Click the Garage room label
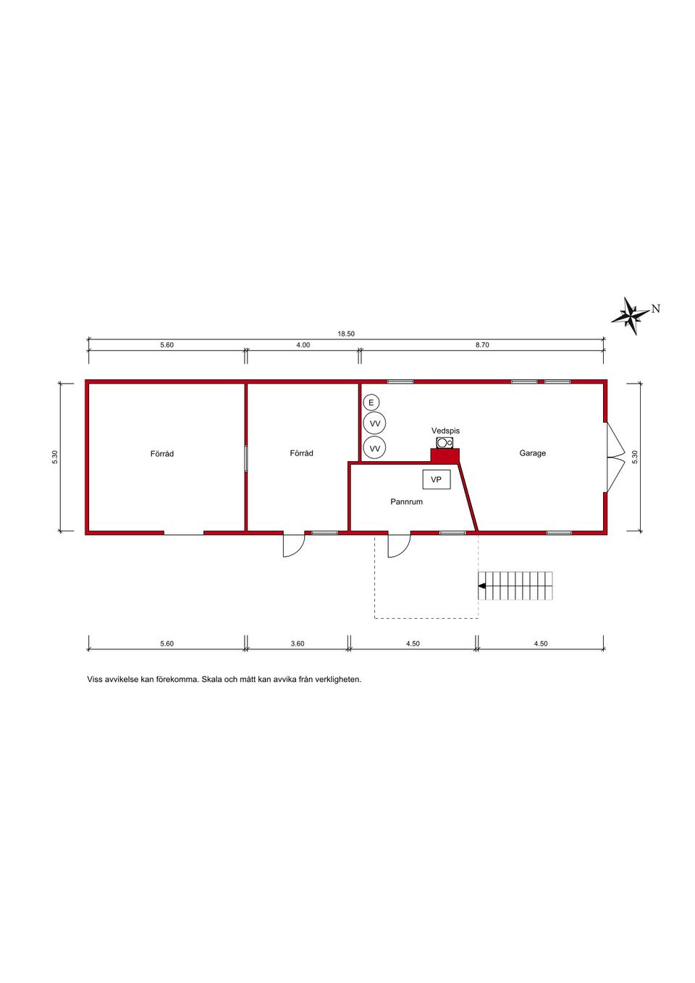click(532, 453)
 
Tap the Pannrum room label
click(406, 502)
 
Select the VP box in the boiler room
click(437, 479)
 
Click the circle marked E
click(371, 402)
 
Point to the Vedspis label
click(445, 431)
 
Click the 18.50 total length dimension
click(346, 334)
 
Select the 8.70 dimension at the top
click(482, 345)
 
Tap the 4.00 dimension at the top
click(303, 345)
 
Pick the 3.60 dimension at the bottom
click(298, 644)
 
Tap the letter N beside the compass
click(656, 308)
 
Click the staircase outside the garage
click(516, 586)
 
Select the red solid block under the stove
click(445, 456)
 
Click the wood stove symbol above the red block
click(445, 442)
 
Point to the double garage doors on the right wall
click(615, 457)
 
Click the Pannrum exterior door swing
click(398, 546)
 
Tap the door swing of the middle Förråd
click(293, 546)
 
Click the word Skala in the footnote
click(211, 680)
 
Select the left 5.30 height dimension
click(54, 457)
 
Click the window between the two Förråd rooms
click(245, 458)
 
